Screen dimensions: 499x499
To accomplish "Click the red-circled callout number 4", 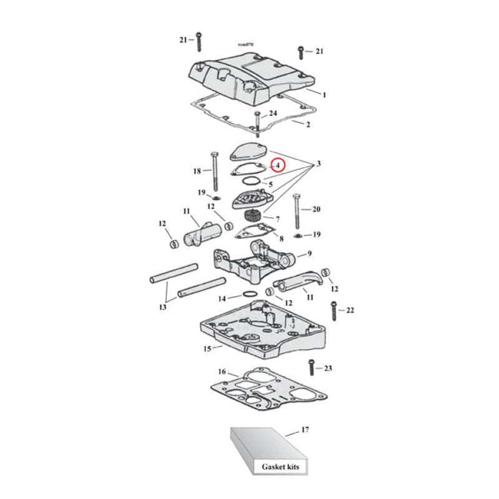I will tap(278, 166).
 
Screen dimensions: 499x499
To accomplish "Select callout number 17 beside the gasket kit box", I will tap(304, 430).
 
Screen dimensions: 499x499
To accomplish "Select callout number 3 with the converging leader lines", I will tap(318, 164).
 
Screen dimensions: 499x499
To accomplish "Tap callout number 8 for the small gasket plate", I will tap(281, 238).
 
